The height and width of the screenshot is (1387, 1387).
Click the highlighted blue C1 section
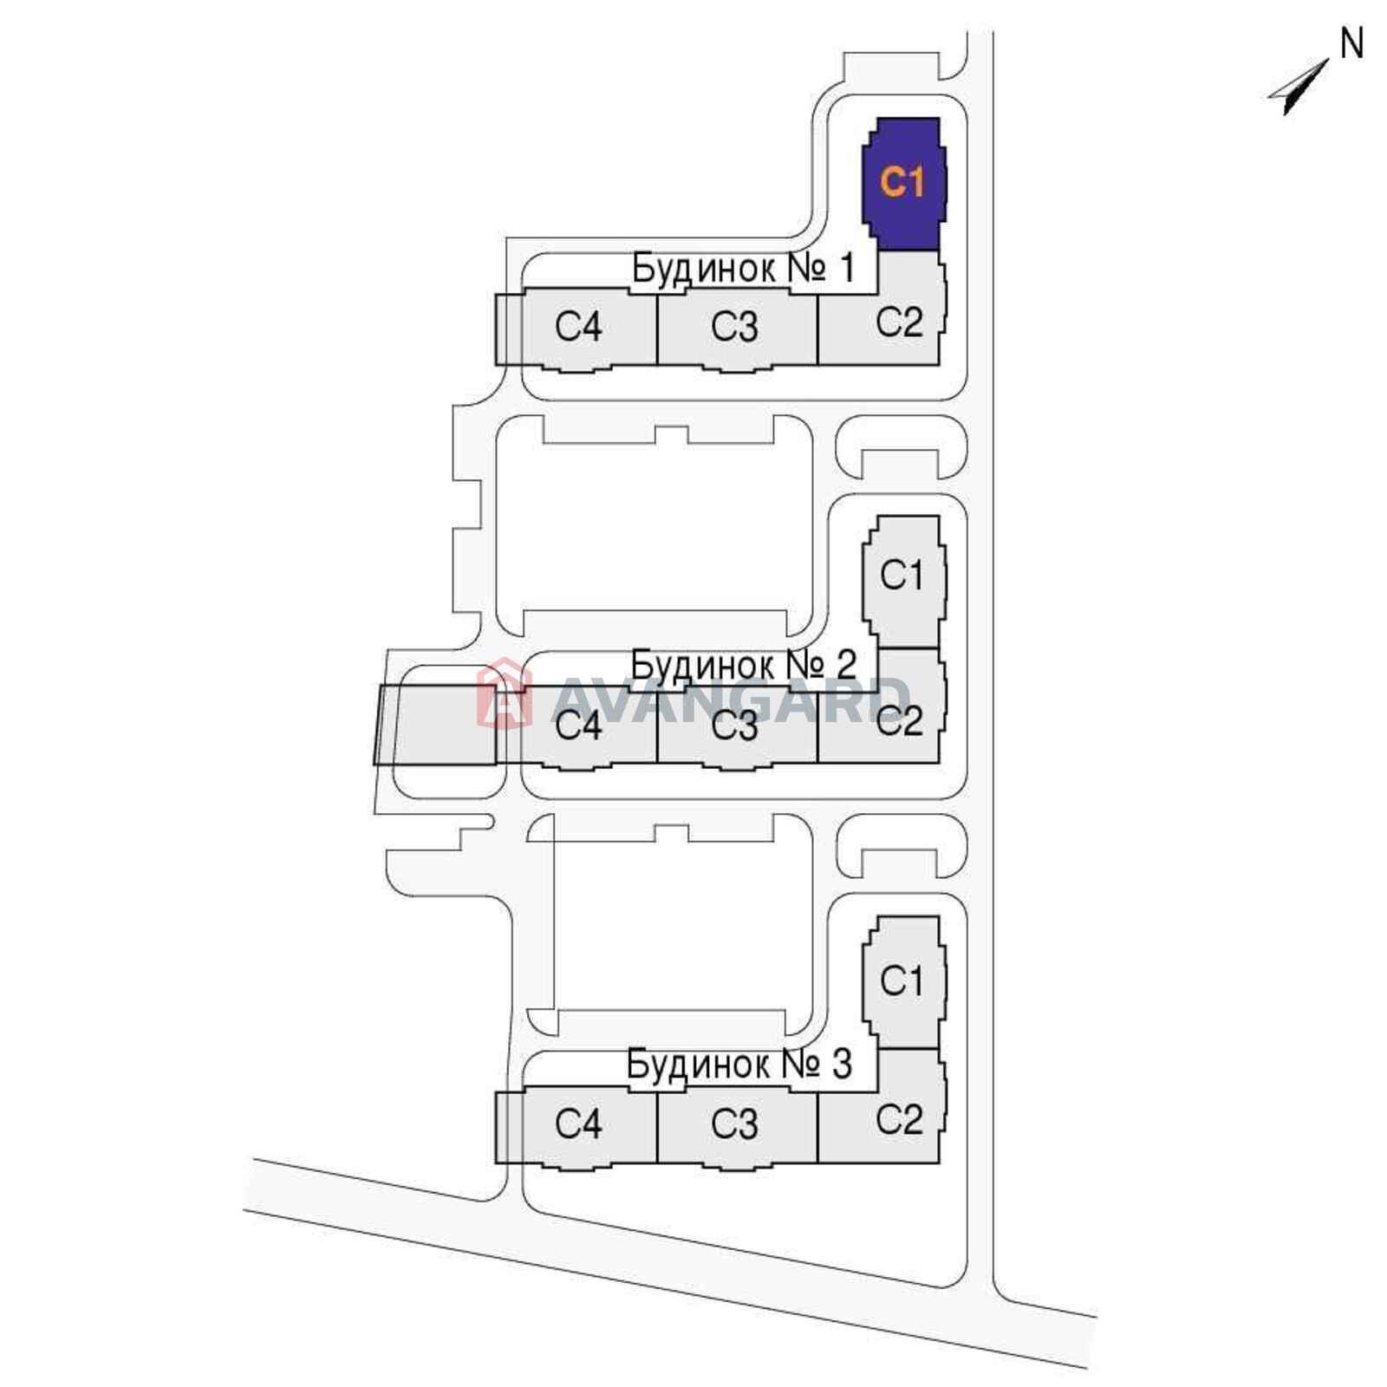click(x=903, y=184)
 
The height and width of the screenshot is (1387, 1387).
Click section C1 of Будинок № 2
click(x=903, y=581)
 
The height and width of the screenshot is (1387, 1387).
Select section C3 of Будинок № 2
click(x=737, y=726)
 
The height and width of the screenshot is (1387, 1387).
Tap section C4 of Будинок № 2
click(x=576, y=726)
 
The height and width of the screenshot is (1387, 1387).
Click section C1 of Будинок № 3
click(x=903, y=981)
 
